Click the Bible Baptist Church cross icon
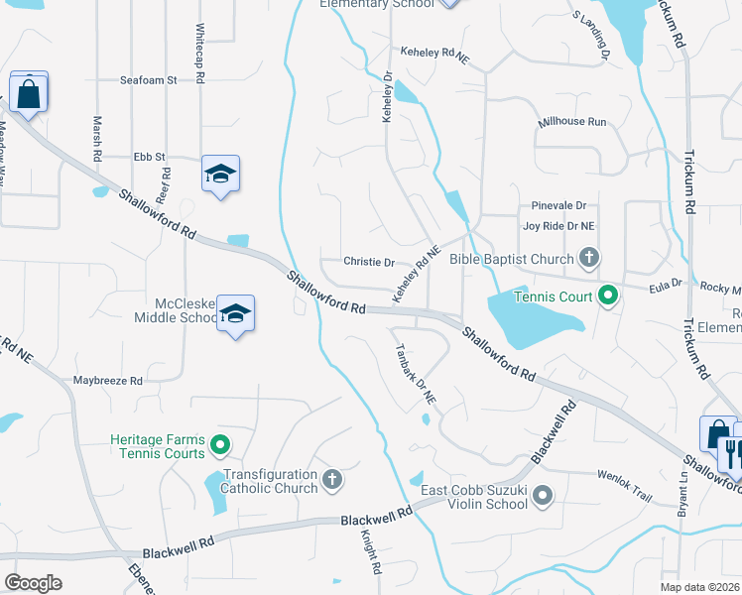pyautogui.click(x=588, y=260)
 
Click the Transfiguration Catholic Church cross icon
pyautogui.click(x=332, y=480)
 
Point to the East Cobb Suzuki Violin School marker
pyautogui.click(x=543, y=494)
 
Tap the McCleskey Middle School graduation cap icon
pyautogui.click(x=235, y=314)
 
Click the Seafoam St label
pyautogui.click(x=147, y=79)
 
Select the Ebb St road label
pyautogui.click(x=150, y=157)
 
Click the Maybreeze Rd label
pyautogui.click(x=108, y=380)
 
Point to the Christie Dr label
pyautogui.click(x=369, y=262)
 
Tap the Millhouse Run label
pyautogui.click(x=571, y=122)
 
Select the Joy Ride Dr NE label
pyautogui.click(x=558, y=226)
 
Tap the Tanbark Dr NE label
pyautogui.click(x=416, y=374)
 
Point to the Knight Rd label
pyautogui.click(x=371, y=552)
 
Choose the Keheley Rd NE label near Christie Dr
pyautogui.click(x=416, y=276)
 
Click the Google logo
pyautogui.click(x=33, y=583)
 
